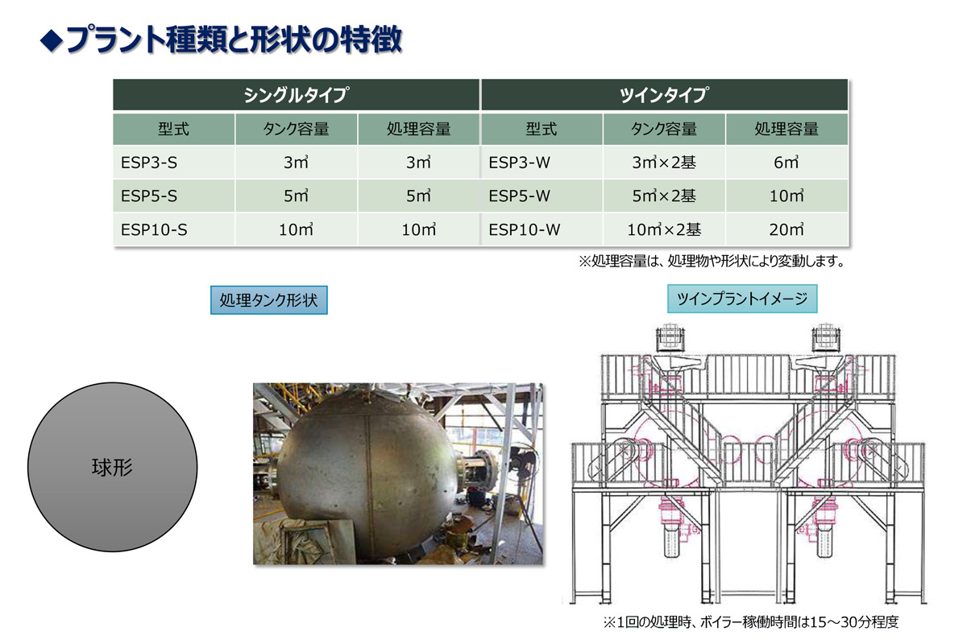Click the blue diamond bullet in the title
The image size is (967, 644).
click(52, 41)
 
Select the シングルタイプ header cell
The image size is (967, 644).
click(297, 94)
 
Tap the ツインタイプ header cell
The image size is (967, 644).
click(664, 94)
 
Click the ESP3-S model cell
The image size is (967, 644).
click(174, 162)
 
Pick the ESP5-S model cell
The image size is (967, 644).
click(174, 196)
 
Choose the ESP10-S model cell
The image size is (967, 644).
click(174, 229)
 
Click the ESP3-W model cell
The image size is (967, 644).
click(542, 162)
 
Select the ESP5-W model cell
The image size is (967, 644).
click(542, 196)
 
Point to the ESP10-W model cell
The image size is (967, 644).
click(542, 229)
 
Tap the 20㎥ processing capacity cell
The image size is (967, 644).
click(786, 229)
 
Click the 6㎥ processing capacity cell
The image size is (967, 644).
click(786, 162)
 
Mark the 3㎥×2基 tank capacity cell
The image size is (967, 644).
click(664, 162)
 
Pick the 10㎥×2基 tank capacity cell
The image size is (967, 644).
click(664, 229)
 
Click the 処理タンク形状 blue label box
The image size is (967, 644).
click(269, 299)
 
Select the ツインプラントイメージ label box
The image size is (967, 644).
click(742, 299)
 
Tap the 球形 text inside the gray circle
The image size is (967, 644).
click(112, 467)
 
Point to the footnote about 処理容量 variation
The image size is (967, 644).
click(712, 261)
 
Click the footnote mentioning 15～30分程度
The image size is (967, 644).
click(751, 622)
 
